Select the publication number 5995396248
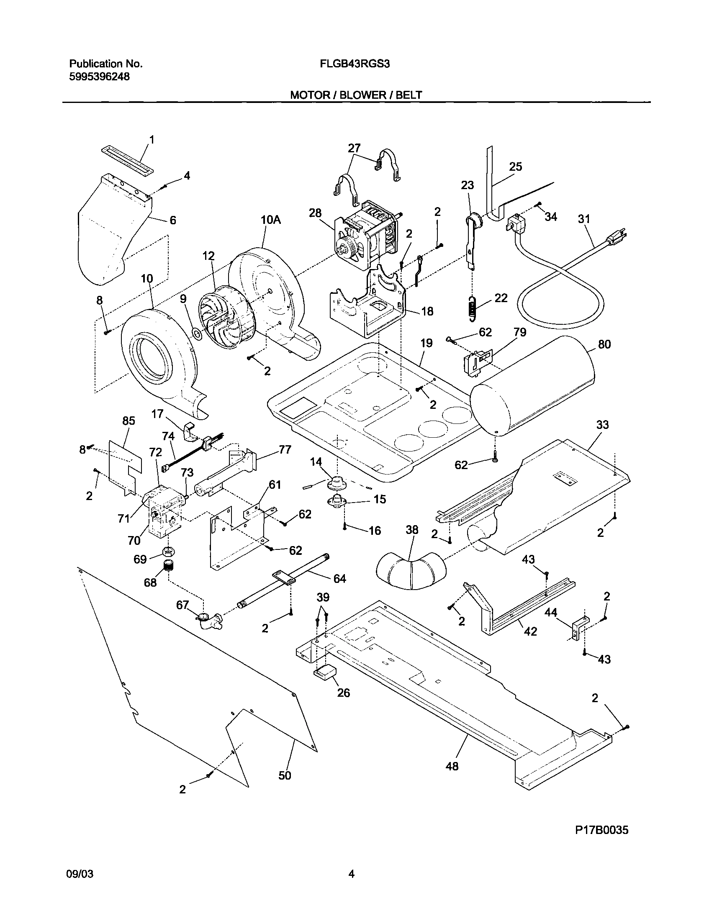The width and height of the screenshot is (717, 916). [x=99, y=77]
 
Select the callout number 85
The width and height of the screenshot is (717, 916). [x=128, y=421]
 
